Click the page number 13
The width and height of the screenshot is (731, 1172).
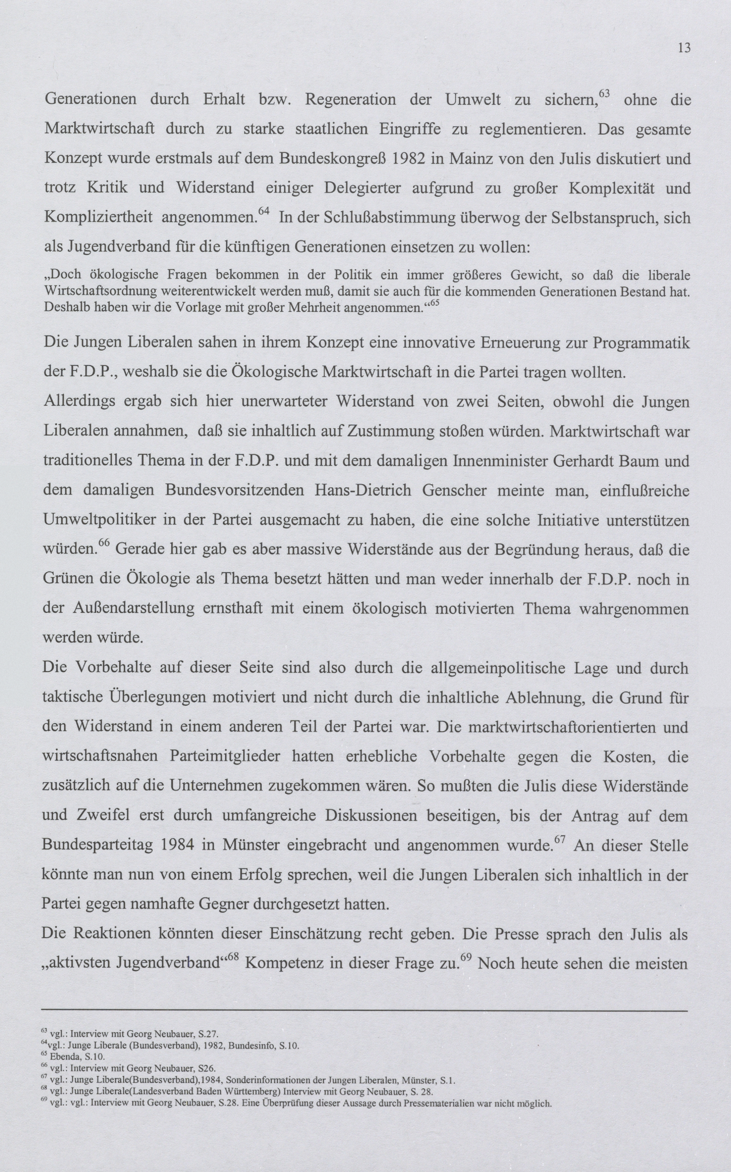[684, 48]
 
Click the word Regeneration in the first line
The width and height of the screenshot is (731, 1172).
[351, 100]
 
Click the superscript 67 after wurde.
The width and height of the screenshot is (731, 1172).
[560, 838]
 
